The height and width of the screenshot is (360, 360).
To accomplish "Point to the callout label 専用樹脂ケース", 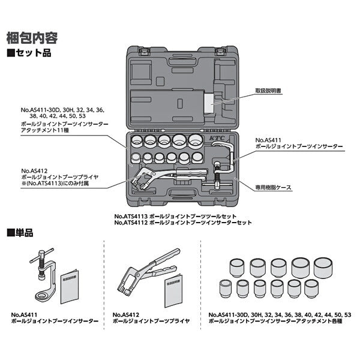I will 274,187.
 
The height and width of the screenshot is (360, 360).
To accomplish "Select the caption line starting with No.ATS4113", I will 175,215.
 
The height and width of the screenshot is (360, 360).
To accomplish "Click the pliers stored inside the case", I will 162,177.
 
